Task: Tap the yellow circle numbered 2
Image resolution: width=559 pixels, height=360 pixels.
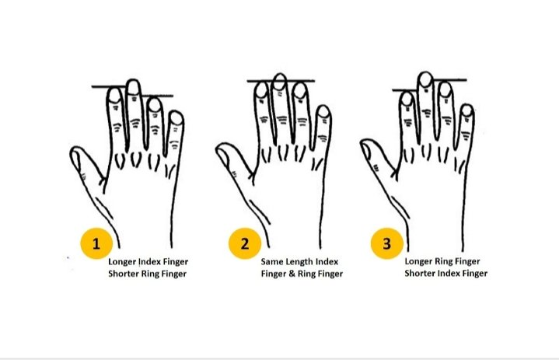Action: point(244,243)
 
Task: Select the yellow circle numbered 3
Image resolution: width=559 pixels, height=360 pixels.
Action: point(386,243)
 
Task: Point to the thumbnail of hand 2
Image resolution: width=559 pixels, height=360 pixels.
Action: point(223,158)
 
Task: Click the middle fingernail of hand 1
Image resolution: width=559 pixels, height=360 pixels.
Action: point(134,86)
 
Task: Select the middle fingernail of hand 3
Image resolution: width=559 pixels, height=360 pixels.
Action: point(424,80)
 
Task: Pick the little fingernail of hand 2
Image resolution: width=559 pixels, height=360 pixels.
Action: point(323,114)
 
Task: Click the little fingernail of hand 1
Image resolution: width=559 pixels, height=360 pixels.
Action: point(176,119)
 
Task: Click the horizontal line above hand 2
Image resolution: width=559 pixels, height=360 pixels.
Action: point(281,81)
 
